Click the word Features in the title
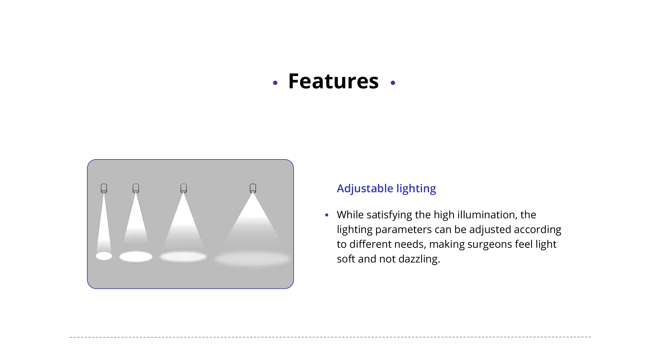pyautogui.click(x=333, y=81)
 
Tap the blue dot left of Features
pyautogui.click(x=275, y=83)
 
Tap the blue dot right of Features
pyautogui.click(x=393, y=83)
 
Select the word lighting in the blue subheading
pyautogui.click(x=416, y=189)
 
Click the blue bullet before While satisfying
pyautogui.click(x=327, y=215)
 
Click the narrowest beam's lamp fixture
pyautogui.click(x=104, y=188)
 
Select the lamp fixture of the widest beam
pyautogui.click(x=253, y=188)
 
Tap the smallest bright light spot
pyautogui.click(x=104, y=256)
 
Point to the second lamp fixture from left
pyautogui.click(x=136, y=188)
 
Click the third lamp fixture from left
pyautogui.click(x=184, y=188)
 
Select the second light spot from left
pyautogui.click(x=136, y=256)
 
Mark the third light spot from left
pyautogui.click(x=183, y=257)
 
